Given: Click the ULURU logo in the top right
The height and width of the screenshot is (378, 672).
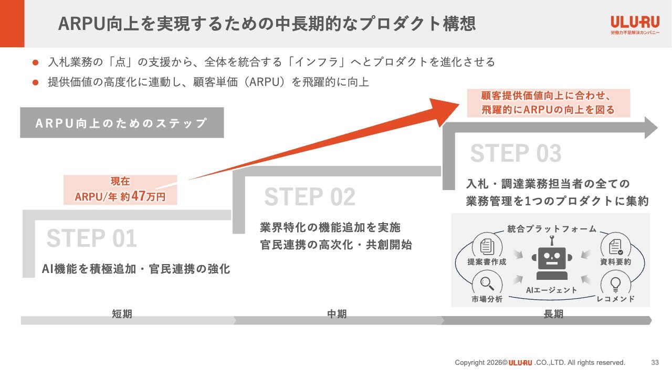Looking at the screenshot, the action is tap(635, 25).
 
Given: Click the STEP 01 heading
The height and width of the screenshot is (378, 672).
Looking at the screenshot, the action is tap(91, 238).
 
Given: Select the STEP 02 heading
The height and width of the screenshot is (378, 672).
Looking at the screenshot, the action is tap(310, 197).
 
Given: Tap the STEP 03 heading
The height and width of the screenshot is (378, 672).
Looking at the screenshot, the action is tap(516, 153).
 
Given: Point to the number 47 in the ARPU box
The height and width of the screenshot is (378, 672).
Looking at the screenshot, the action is tap(138, 196).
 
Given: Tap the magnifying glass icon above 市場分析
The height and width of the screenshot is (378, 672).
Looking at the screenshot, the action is tap(487, 283).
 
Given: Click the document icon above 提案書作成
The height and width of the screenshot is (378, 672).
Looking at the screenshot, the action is tap(487, 247).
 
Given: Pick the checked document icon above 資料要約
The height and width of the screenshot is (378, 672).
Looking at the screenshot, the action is tap(616, 247).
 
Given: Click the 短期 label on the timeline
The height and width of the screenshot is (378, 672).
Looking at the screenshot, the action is tap(122, 314).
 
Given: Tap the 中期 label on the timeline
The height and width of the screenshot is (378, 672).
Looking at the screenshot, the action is tap(337, 314).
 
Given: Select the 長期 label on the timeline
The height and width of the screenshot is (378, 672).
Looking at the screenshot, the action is tap(553, 314).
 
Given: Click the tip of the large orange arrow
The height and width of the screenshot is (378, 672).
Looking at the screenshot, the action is tap(459, 104).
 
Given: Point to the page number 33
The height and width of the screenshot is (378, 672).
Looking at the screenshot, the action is tap(655, 362).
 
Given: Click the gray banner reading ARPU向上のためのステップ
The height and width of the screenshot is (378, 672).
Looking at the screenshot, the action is tap(122, 123).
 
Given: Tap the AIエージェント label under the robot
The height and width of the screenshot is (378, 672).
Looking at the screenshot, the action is tap(551, 290).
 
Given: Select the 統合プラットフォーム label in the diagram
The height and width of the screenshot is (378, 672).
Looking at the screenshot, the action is tap(552, 229).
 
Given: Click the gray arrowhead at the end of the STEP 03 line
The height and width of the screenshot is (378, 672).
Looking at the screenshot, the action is tap(651, 128).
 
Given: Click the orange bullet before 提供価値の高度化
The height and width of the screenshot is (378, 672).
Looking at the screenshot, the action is tap(35, 82).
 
